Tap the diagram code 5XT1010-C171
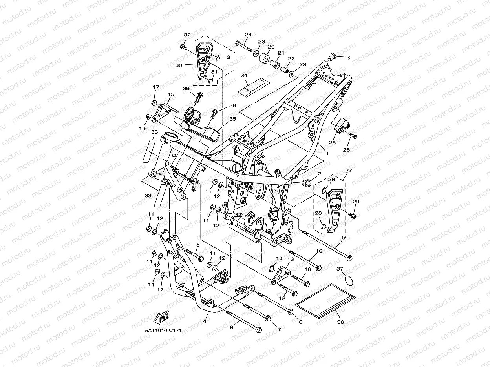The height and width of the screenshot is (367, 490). tap(163, 330)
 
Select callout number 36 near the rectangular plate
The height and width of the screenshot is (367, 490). tap(340, 322)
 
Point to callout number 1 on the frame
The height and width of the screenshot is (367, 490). tap(327, 154)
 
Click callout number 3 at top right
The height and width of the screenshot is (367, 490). tap(348, 57)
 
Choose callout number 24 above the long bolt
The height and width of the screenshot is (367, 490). tap(248, 34)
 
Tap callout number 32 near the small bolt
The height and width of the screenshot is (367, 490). tap(187, 35)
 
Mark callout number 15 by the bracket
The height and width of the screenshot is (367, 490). tap(171, 94)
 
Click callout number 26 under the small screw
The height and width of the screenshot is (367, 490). tap(347, 149)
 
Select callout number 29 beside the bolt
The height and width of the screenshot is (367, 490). tap(356, 202)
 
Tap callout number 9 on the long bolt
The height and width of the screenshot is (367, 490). tap(344, 238)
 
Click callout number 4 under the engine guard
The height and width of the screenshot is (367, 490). tap(204, 321)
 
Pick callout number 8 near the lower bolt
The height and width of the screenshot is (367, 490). tap(232, 327)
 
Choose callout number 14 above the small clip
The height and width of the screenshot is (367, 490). tap(280, 259)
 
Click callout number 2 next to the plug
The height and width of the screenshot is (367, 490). tap(319, 173)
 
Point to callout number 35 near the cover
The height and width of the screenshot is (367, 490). tap(233, 119)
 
